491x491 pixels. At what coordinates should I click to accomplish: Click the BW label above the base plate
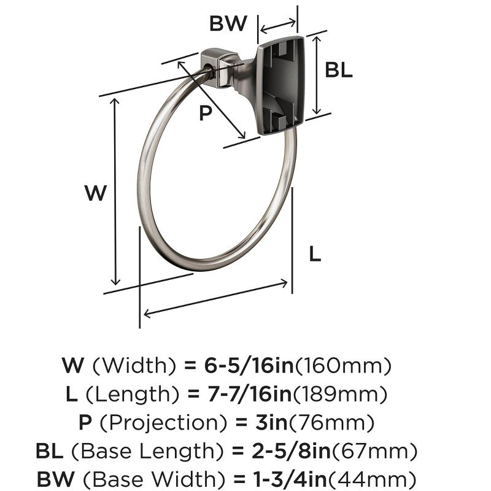[228, 24]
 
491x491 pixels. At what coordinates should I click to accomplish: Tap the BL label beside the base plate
[339, 70]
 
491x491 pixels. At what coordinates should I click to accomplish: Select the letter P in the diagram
[206, 113]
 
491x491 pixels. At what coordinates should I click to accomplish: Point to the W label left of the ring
[95, 193]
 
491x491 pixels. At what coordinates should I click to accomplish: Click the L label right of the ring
[314, 253]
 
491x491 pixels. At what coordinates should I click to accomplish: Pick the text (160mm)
[343, 366]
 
